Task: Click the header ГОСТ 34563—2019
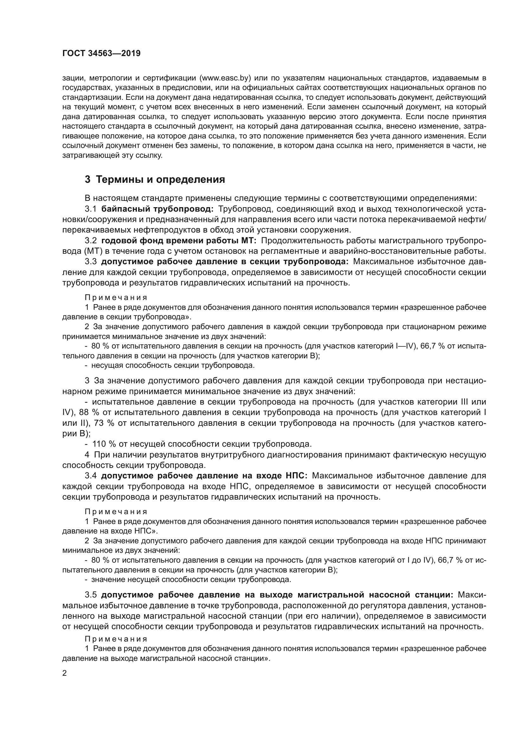101,54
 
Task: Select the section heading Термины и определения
160,179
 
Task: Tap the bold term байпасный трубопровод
157,209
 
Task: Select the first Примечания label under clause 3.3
116,297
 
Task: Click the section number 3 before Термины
87,179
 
